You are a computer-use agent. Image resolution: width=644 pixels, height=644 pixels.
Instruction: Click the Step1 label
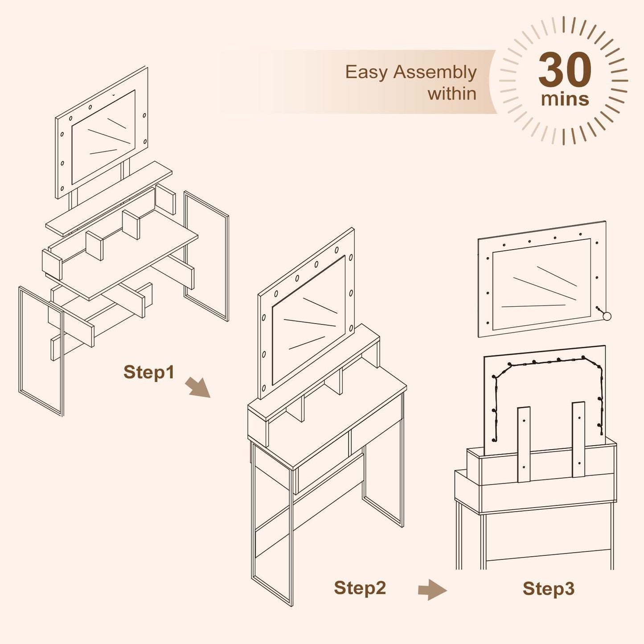pyautogui.click(x=149, y=372)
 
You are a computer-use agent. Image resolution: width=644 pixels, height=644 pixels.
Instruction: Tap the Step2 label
pyautogui.click(x=360, y=588)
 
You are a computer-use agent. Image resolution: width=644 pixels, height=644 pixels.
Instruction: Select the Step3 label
pyautogui.click(x=549, y=589)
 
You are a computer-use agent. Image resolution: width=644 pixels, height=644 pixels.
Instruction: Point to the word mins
pyautogui.click(x=565, y=99)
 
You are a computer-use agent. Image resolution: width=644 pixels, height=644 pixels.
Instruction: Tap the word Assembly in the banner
pyautogui.click(x=435, y=73)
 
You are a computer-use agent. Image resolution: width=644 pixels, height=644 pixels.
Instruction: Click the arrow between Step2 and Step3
pyautogui.click(x=432, y=590)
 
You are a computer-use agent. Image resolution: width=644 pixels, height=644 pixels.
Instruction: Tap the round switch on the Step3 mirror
pyautogui.click(x=607, y=316)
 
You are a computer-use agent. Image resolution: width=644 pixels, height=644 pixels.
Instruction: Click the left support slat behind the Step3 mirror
pyautogui.click(x=524, y=444)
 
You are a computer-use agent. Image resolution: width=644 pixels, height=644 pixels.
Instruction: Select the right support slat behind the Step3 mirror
pyautogui.click(x=578, y=439)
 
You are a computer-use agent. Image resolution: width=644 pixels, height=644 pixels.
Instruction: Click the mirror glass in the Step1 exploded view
pyautogui.click(x=103, y=137)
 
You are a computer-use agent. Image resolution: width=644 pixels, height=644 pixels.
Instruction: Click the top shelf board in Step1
pyautogui.click(x=109, y=199)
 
